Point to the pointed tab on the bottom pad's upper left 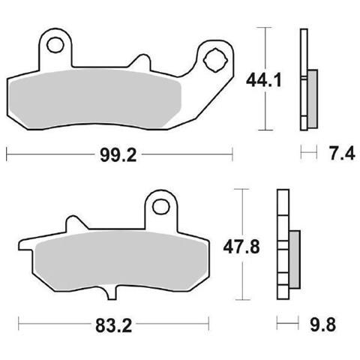[71, 223]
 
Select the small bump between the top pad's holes [141, 60]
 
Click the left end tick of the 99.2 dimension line [7, 154]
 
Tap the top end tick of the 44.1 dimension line [264, 27]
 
